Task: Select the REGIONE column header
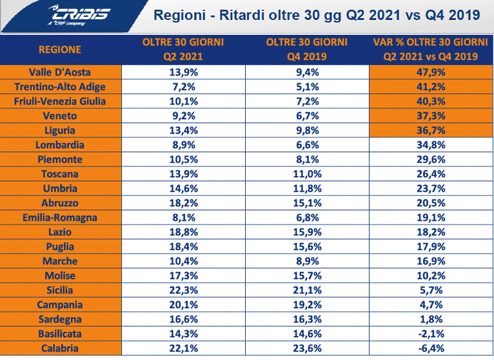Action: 60,49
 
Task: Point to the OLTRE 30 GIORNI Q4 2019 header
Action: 306,49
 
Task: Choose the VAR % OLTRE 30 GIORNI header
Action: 430,49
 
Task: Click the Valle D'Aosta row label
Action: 60,72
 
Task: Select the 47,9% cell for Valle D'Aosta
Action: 430,72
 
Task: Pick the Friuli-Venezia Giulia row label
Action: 60,101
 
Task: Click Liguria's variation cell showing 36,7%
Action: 430,130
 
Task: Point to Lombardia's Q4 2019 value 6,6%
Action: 306,145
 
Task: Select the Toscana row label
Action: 60,174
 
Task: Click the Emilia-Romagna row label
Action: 60,217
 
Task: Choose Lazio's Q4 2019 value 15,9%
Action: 306,232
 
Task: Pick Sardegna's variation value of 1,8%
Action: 430,319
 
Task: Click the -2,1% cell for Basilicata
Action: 430,334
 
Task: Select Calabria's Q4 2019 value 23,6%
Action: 306,348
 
